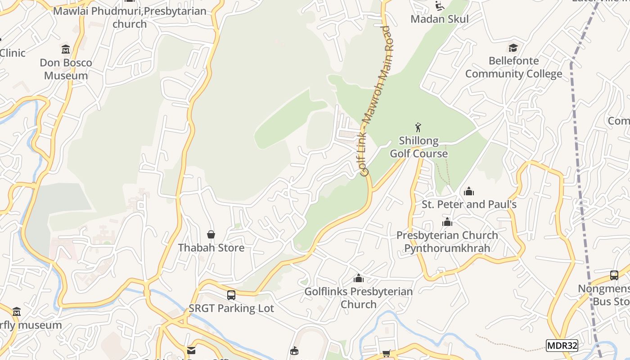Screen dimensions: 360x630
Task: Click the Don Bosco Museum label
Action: pos(66,69)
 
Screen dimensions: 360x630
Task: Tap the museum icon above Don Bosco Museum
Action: pos(66,49)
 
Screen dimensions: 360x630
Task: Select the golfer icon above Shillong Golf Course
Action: pos(418,127)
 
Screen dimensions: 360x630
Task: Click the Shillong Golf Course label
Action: pos(418,147)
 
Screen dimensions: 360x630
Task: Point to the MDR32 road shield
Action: pos(562,346)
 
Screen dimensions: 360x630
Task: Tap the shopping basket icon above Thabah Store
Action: pos(211,234)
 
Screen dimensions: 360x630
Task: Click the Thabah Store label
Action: pos(211,247)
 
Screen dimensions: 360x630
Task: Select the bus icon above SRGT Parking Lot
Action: pos(231,295)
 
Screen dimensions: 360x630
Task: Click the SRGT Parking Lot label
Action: pos(231,308)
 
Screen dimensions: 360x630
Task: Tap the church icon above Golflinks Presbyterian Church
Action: pos(359,278)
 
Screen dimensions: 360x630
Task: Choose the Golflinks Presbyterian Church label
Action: pos(359,298)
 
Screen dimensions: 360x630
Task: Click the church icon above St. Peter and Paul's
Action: pos(469,191)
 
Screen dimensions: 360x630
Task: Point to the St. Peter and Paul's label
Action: pos(469,204)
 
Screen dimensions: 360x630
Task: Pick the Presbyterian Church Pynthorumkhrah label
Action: pos(447,242)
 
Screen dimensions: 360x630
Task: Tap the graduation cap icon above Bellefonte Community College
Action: pos(513,47)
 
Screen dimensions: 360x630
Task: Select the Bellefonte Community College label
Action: pos(513,67)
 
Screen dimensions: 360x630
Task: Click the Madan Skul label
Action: pos(440,19)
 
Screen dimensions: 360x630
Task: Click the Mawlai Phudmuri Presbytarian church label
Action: pos(130,17)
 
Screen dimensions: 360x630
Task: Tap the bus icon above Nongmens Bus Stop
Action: pos(614,275)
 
